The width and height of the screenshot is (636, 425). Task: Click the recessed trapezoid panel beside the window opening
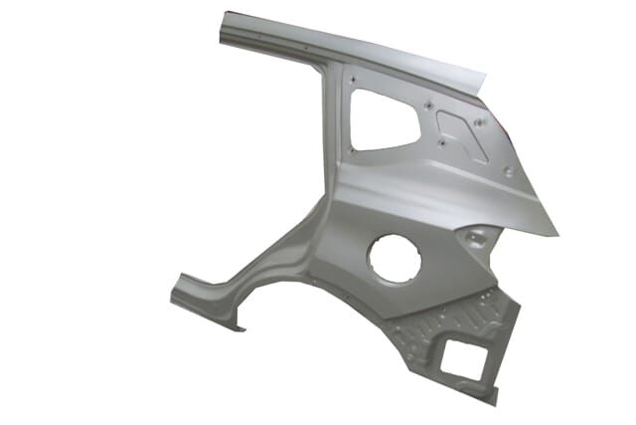point(462,135)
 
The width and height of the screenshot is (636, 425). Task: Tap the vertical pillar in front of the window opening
point(333,129)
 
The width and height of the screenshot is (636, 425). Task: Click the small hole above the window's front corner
point(355,80)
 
